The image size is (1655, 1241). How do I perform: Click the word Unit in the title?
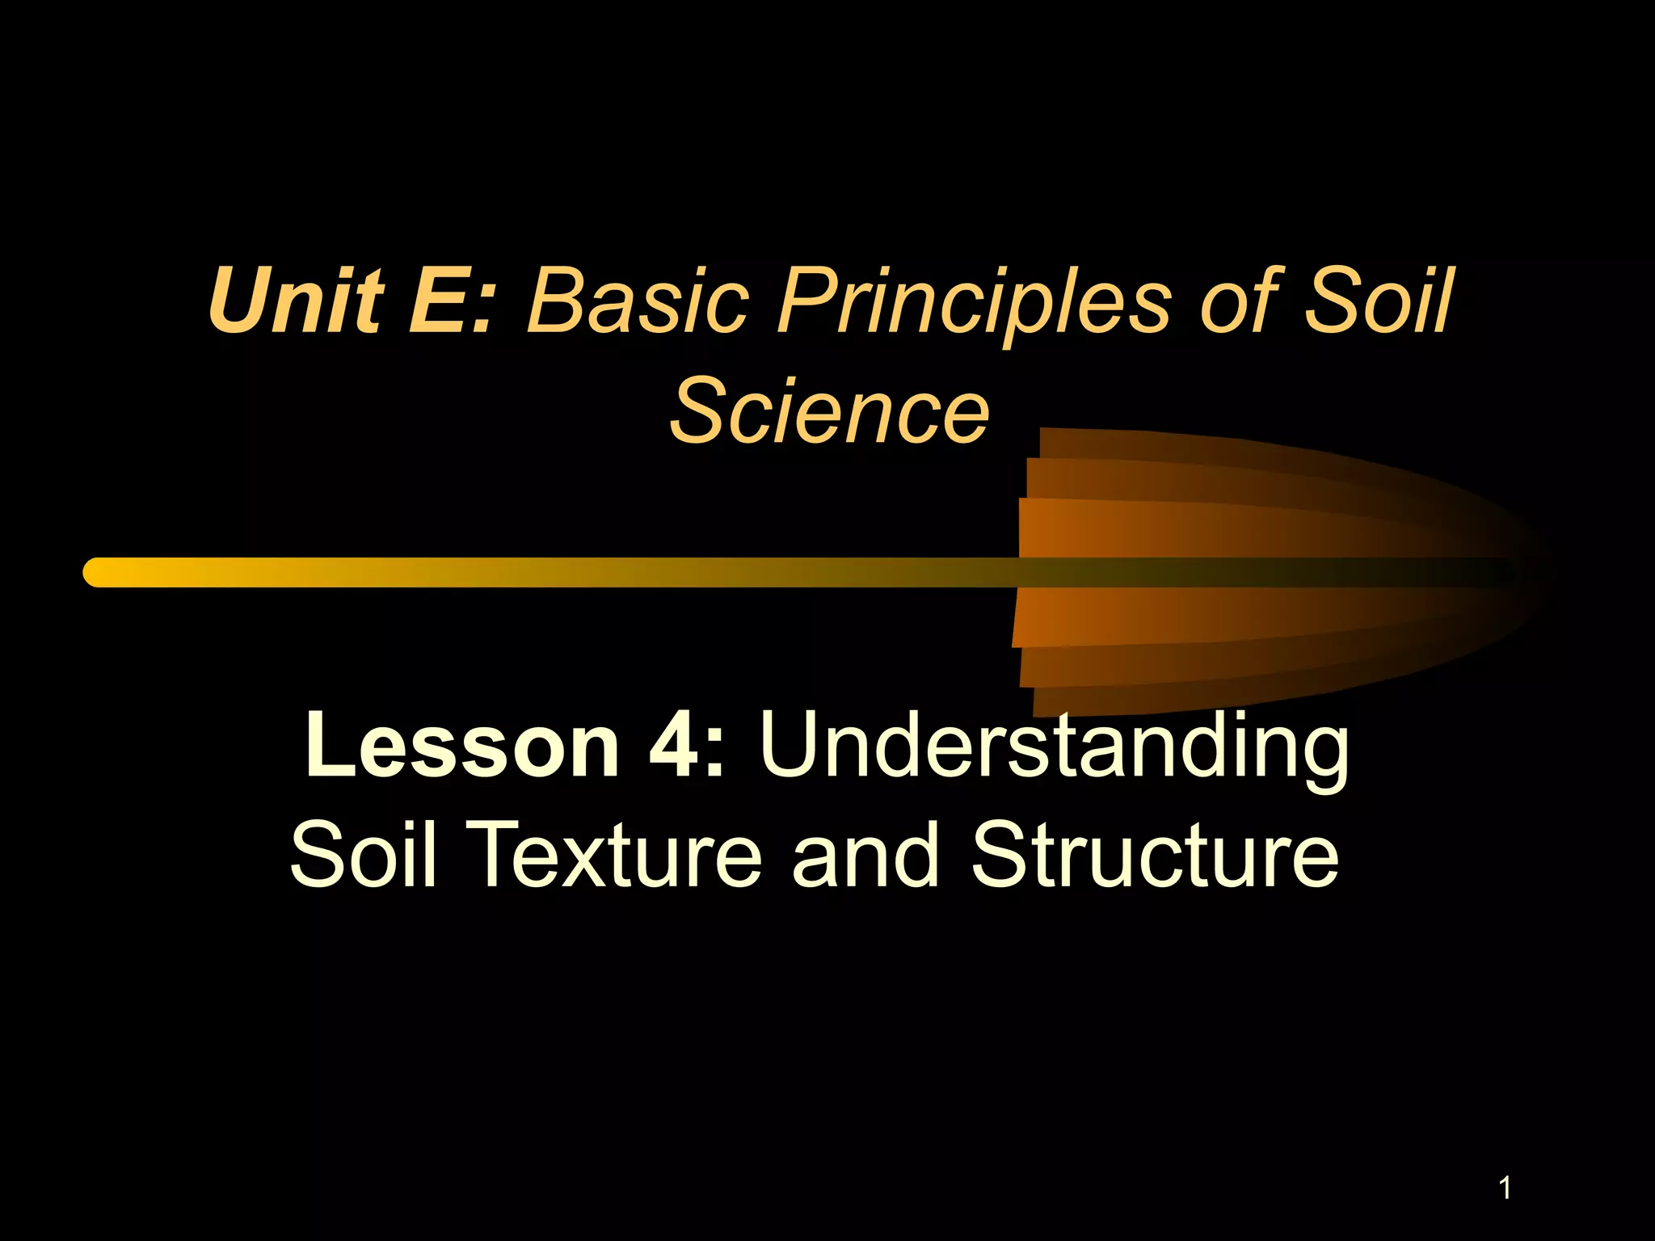coord(296,301)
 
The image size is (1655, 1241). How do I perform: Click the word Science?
coord(829,412)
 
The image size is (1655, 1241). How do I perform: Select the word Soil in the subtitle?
coord(364,855)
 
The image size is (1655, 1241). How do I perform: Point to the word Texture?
coord(613,855)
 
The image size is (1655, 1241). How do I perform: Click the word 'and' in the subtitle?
coord(865,855)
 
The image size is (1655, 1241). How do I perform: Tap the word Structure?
coord(1155,855)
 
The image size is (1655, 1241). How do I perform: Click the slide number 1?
coord(1505,1188)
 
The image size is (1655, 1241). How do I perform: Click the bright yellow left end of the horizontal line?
coord(101,572)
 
